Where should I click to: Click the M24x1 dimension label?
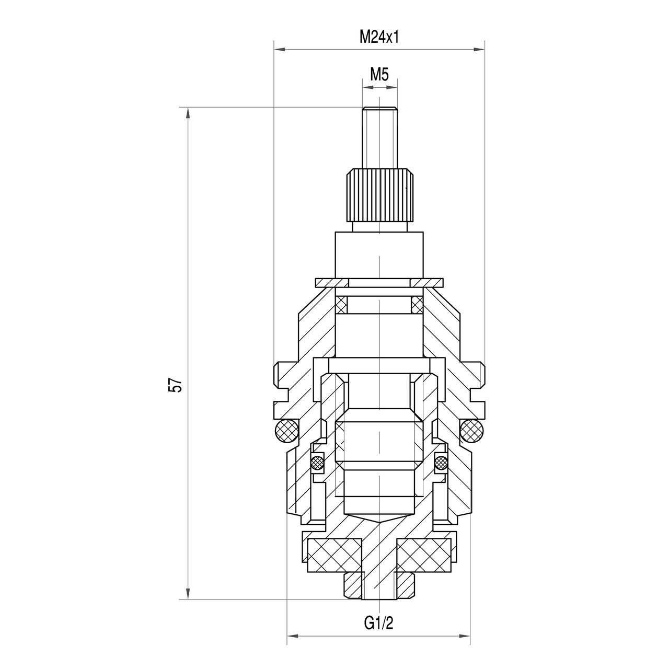click(378, 37)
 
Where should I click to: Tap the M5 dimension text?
click(379, 74)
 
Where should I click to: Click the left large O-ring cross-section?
click(286, 431)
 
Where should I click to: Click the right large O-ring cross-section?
click(472, 431)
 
